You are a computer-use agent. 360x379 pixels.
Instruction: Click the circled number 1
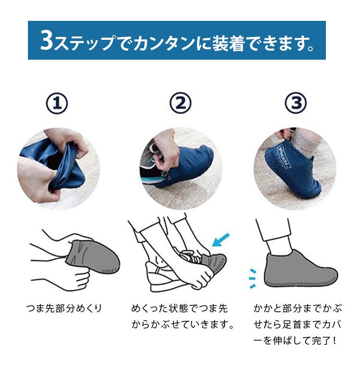(x=57, y=103)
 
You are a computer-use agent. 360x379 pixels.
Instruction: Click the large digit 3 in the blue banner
(x=46, y=40)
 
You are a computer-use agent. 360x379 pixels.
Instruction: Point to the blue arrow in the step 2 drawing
(x=221, y=240)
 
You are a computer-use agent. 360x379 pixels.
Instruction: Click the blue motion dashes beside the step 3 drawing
(x=252, y=278)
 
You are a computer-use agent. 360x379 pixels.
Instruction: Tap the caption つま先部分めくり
(x=64, y=309)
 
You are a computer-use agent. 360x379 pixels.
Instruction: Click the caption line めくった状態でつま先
(x=180, y=309)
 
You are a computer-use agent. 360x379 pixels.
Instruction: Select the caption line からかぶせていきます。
(x=183, y=325)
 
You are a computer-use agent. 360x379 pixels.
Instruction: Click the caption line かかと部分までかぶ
(x=297, y=309)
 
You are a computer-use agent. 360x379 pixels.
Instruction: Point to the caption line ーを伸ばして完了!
(x=295, y=341)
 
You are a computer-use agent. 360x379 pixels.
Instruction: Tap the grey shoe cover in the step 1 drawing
(x=92, y=257)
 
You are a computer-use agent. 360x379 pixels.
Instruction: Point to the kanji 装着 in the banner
(x=228, y=43)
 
